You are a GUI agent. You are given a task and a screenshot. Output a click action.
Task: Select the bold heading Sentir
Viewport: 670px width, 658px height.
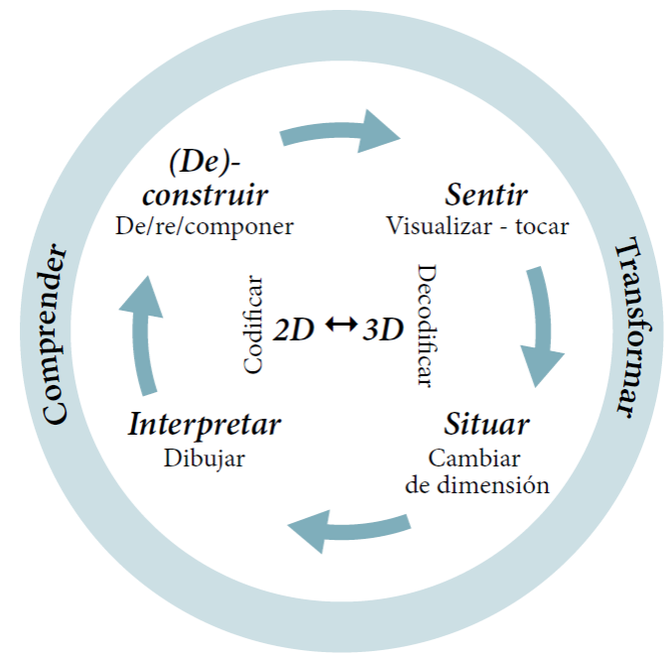[485, 194]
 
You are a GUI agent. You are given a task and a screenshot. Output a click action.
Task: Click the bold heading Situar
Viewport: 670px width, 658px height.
[486, 425]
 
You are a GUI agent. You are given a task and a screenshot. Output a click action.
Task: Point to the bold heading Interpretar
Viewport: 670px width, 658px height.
[204, 425]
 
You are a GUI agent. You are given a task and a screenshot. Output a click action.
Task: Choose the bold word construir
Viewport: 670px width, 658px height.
[205, 194]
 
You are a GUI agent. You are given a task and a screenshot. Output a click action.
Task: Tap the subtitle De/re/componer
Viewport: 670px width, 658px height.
[204, 226]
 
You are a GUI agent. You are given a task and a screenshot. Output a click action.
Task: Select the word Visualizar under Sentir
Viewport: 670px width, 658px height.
[438, 225]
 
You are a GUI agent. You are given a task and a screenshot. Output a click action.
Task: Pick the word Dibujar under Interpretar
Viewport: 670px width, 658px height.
[204, 459]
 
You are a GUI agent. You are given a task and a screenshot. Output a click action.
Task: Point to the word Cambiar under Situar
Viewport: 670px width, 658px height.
[474, 459]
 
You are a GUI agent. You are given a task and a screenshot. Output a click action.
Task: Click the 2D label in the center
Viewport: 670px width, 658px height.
[295, 329]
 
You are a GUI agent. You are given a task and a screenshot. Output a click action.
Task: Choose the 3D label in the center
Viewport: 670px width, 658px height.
[383, 329]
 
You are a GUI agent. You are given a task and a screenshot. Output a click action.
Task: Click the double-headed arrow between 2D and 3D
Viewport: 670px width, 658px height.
[339, 325]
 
